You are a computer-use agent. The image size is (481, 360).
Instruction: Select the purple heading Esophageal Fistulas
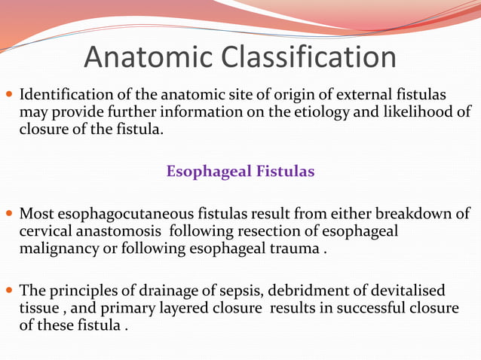(x=240, y=172)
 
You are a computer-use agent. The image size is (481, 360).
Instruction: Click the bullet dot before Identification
(x=8, y=96)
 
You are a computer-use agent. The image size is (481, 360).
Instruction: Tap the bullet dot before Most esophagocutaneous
(x=8, y=215)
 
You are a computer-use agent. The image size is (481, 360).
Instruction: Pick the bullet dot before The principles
(x=8, y=291)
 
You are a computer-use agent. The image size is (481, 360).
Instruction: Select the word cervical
(x=44, y=230)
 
